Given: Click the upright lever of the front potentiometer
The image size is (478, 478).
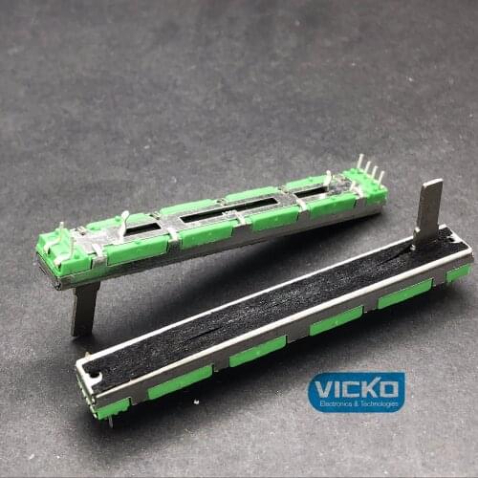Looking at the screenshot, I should coord(430,211).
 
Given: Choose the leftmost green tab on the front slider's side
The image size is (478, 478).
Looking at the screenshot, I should coord(112,407).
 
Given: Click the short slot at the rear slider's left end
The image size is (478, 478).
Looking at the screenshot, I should coord(142,229).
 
